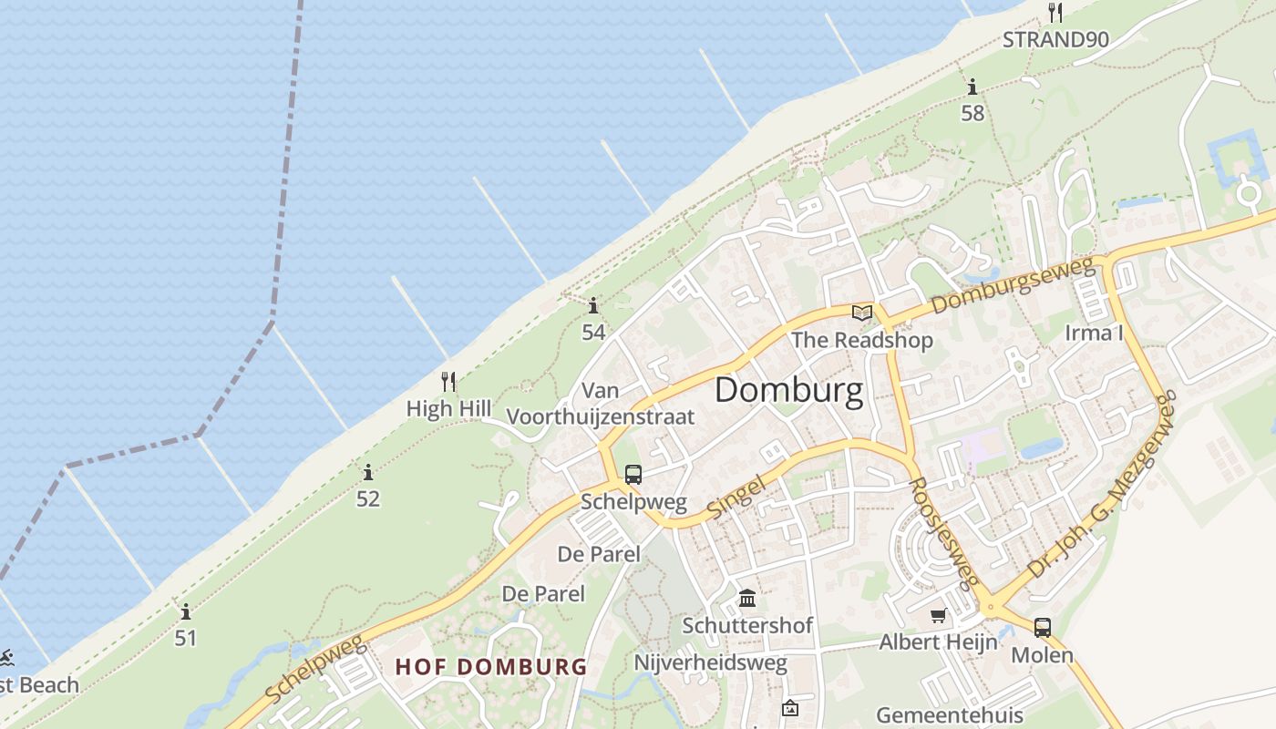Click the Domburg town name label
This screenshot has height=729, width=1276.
click(788, 390)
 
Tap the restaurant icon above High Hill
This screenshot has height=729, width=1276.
click(448, 381)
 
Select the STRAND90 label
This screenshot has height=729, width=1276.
click(1055, 39)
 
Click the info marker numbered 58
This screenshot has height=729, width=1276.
click(972, 87)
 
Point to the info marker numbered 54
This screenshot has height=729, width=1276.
click(593, 305)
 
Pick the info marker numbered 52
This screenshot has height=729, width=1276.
click(368, 472)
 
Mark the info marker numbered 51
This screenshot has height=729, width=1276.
click(186, 611)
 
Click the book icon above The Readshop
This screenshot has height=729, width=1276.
click(861, 313)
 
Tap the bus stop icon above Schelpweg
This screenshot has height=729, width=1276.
click(633, 474)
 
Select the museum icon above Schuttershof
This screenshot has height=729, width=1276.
click(747, 599)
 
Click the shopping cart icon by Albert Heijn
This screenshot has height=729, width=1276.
click(938, 616)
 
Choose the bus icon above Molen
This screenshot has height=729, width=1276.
click(1042, 627)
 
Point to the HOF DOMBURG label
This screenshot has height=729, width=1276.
click(491, 666)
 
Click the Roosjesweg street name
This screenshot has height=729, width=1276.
click(944, 532)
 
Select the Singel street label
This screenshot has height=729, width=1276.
click(736, 496)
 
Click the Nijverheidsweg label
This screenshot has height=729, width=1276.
click(710, 662)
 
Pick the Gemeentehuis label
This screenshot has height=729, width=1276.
click(950, 714)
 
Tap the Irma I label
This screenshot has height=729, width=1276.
click(1094, 333)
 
